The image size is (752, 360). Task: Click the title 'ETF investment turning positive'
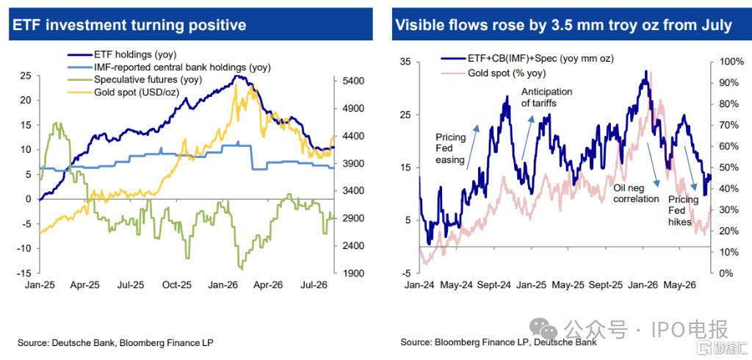point(129,24)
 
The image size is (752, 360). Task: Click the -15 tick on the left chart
point(25,273)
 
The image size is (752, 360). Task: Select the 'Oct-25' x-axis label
point(176,284)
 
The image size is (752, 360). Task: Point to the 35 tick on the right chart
point(406,62)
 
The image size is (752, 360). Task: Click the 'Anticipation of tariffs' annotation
point(546,98)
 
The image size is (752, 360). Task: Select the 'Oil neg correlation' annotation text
point(637,193)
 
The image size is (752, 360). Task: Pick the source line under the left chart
point(115,342)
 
